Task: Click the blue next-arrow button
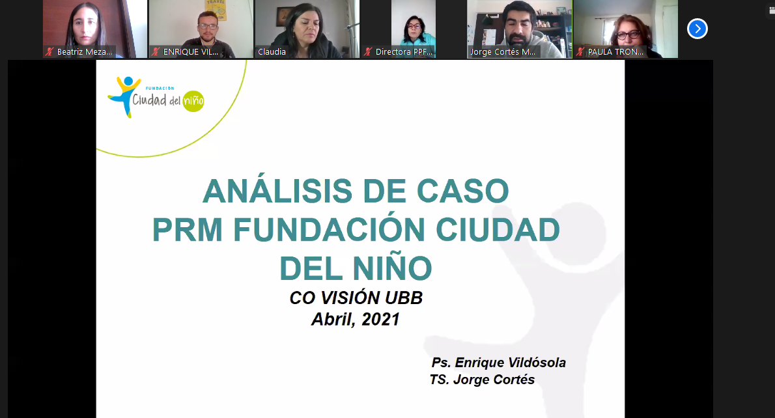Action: (697, 29)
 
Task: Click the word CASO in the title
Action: (462, 191)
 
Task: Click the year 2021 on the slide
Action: (380, 319)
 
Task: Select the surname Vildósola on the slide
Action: (535, 363)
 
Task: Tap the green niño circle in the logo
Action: (193, 101)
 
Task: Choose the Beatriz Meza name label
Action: (85, 52)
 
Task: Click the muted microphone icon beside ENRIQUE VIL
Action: (156, 51)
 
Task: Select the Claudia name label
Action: (272, 52)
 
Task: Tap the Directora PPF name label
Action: (404, 52)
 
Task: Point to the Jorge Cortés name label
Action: (503, 52)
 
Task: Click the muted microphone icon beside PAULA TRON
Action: (580, 51)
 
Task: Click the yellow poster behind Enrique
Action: (216, 10)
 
